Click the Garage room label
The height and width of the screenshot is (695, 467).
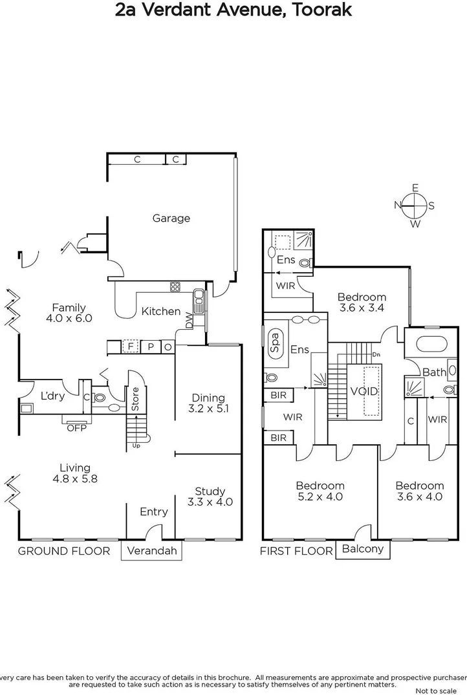[x=171, y=219]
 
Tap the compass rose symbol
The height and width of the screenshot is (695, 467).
[x=415, y=206]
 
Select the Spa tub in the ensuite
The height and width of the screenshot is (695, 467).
[x=274, y=340]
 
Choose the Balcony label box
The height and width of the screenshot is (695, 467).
[x=362, y=550]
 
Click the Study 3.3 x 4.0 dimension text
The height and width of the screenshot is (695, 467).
[x=210, y=502]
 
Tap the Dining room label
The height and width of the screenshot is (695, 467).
[x=208, y=398]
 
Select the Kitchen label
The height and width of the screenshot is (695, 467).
[x=161, y=312]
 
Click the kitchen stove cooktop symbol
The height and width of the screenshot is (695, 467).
[x=175, y=286]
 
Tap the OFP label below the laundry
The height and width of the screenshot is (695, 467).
[x=76, y=427]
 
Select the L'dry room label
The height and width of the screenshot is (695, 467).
[x=52, y=396]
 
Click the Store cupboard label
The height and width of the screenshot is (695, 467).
[x=136, y=399]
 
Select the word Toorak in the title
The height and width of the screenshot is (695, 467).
[x=318, y=11]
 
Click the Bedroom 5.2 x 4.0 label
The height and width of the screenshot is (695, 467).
[x=320, y=491]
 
